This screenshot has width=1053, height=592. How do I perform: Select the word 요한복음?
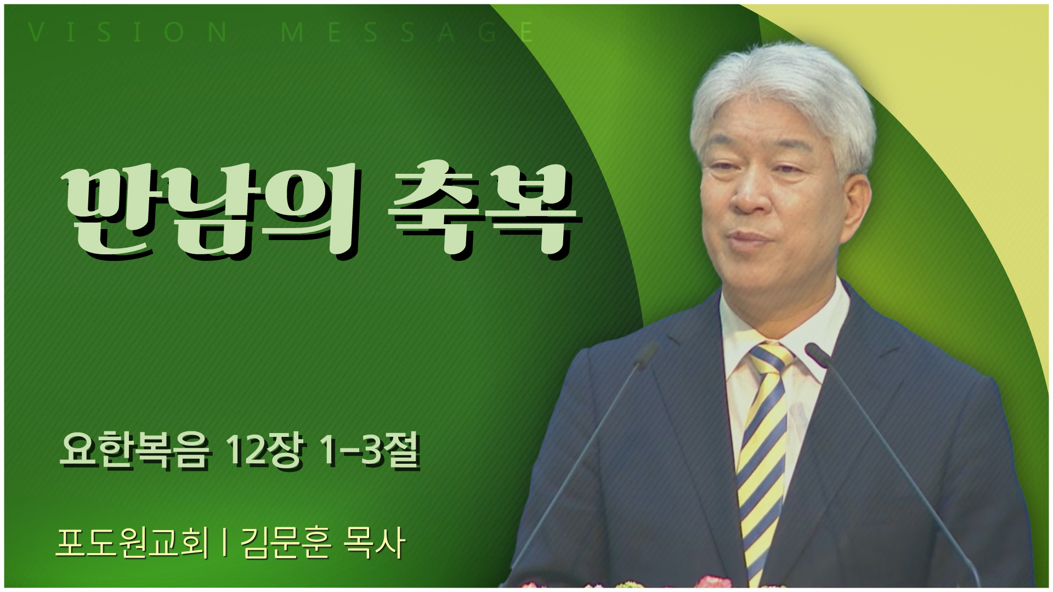134,453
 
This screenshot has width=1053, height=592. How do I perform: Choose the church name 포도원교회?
132,543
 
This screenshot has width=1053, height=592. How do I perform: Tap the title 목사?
373,543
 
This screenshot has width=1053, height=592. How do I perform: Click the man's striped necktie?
762,460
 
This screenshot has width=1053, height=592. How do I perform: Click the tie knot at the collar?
770,356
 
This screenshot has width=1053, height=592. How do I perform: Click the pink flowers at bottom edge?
713,583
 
